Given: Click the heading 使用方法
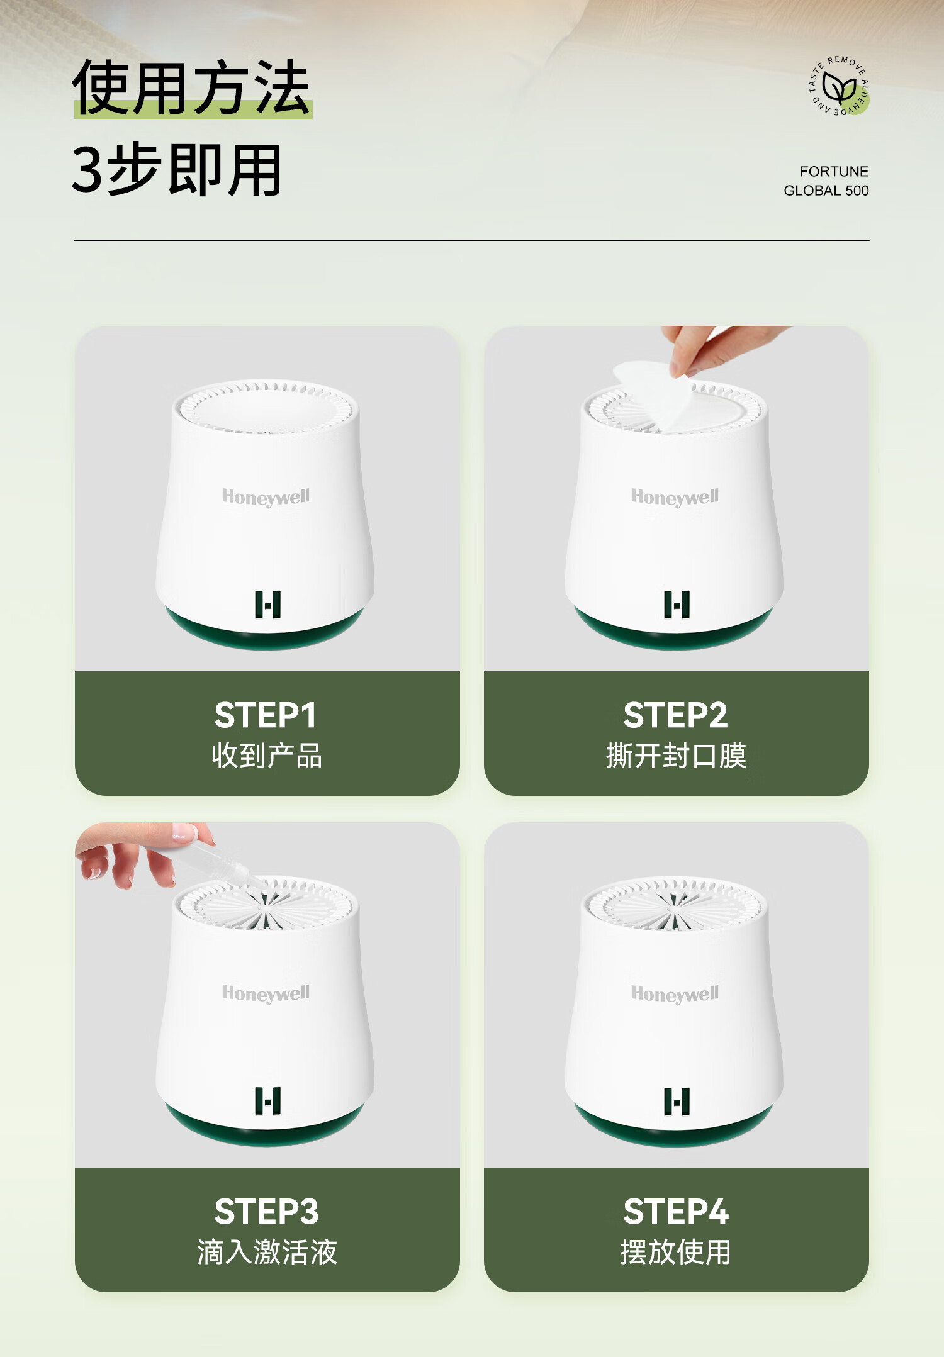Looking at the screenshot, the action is click(x=191, y=87).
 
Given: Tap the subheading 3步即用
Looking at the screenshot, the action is click(x=176, y=170).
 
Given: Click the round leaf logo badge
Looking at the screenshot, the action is click(x=839, y=86).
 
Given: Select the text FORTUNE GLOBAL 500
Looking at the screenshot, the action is click(x=826, y=181).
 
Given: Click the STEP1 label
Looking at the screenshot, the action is click(x=266, y=715).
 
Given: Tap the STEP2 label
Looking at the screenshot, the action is click(x=675, y=715).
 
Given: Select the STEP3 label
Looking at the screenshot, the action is click(x=266, y=1212).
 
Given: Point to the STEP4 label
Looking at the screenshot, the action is click(x=676, y=1212).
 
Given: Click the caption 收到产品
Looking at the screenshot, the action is click(x=267, y=756).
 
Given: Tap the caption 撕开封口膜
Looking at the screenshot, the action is click(x=676, y=756).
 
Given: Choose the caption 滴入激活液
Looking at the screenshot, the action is click(x=267, y=1252).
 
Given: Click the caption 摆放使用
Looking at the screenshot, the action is click(x=676, y=1252).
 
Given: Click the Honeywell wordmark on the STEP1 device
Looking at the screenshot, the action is click(x=266, y=497).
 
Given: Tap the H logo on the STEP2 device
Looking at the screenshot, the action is click(x=677, y=605).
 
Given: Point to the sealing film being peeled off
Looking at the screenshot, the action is click(x=655, y=393).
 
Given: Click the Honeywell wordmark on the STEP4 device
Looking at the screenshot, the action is click(x=675, y=994).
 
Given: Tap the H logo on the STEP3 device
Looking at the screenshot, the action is click(x=267, y=1101).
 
